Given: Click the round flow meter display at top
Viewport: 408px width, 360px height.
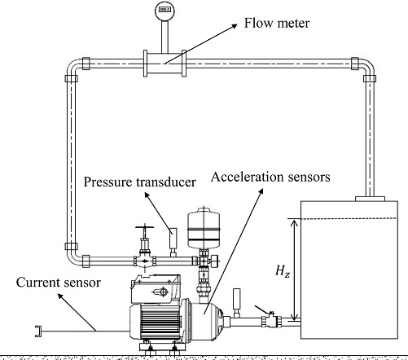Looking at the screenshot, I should pyautogui.click(x=158, y=11).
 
